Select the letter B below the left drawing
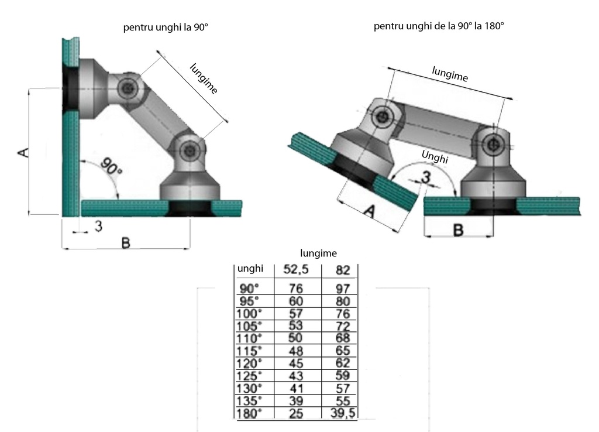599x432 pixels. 125,242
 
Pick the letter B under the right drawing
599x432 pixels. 459,230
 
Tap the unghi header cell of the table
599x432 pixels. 250,269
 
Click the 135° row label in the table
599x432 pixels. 250,401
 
